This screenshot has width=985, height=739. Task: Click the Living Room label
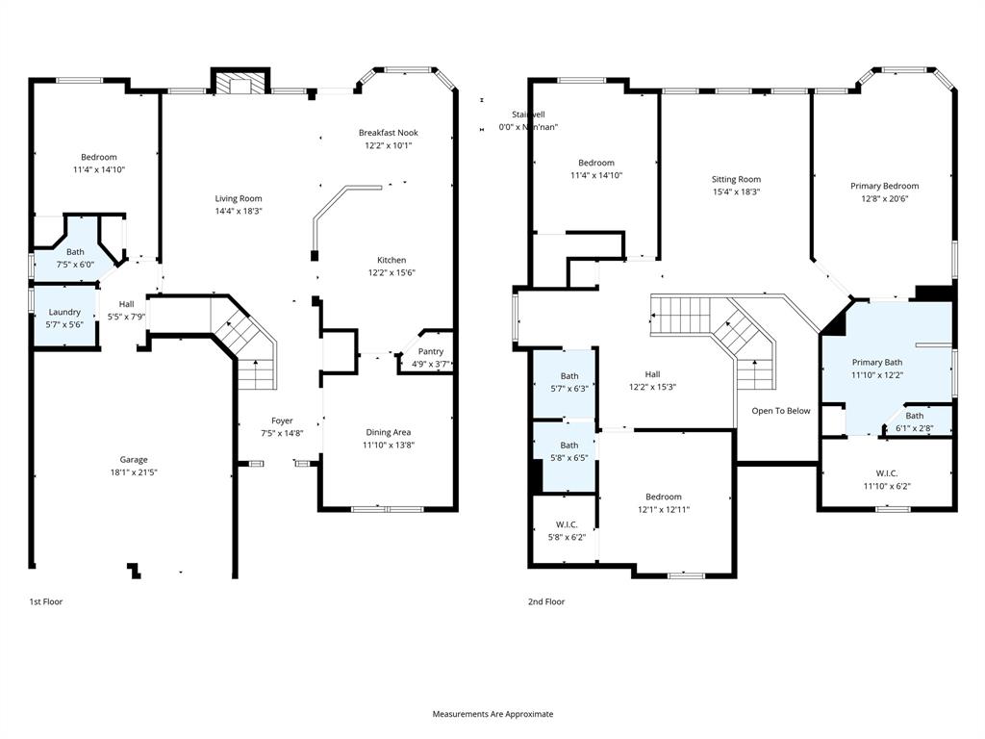[x=239, y=198]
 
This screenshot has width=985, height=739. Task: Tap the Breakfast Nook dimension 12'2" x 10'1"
[x=388, y=146]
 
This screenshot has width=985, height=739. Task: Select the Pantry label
[x=430, y=351]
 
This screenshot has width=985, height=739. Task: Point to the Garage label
[x=134, y=459]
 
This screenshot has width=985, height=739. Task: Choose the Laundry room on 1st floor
[x=64, y=318]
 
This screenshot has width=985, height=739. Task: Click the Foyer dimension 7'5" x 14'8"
[x=282, y=433]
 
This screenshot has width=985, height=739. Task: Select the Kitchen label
[x=391, y=260]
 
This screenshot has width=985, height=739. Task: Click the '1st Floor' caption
[x=45, y=601]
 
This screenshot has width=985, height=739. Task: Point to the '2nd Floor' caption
[x=545, y=601]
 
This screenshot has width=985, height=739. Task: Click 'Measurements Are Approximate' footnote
[x=492, y=714]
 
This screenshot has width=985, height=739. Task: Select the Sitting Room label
[x=736, y=179]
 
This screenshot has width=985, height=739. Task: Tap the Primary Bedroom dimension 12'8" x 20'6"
[x=884, y=198]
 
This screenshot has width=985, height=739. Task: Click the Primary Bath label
[x=877, y=363]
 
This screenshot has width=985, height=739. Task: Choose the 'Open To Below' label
[x=781, y=411]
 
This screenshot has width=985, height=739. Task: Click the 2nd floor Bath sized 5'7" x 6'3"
[x=569, y=382]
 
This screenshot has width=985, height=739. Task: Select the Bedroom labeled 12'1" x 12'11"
[x=663, y=502]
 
